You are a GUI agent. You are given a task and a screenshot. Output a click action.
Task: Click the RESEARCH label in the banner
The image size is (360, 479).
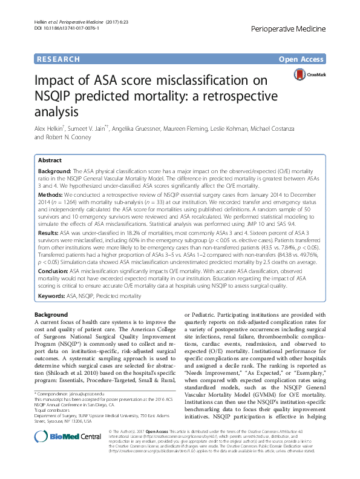(x=58, y=59)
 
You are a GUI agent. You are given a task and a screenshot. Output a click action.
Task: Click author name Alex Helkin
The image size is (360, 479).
(x=50, y=128)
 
